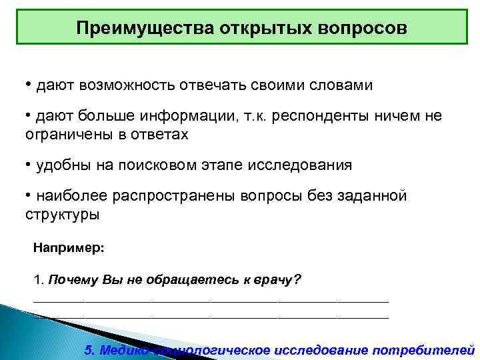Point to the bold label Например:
69,248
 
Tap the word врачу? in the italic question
281,279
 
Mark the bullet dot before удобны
28,163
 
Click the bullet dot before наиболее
28,195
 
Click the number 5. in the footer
91,350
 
